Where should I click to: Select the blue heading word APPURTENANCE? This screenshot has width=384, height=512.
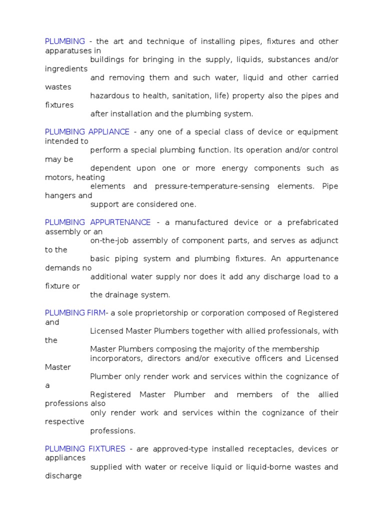click(120, 222)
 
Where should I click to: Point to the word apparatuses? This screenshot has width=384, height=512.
click(68, 50)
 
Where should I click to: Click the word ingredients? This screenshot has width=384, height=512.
click(66, 69)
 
